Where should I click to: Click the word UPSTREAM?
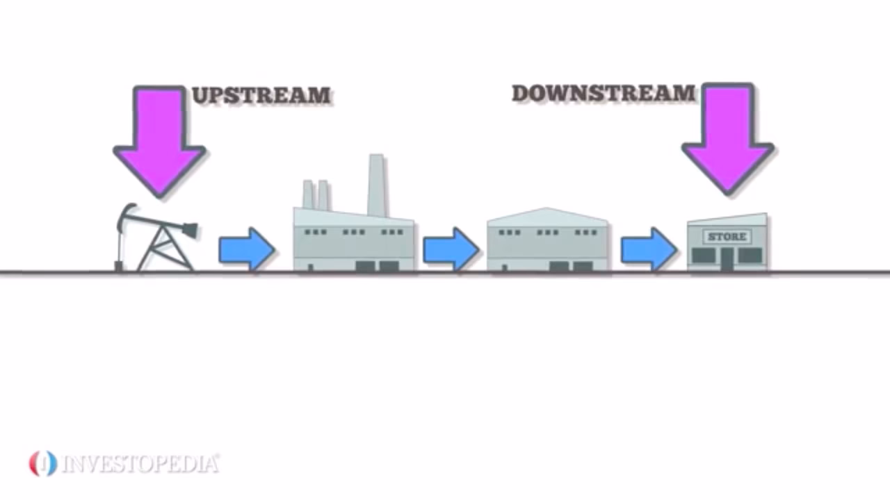point(261,95)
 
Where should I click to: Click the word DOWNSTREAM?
point(604,93)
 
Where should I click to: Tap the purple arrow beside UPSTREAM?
point(159,139)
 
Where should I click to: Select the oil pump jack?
point(157,240)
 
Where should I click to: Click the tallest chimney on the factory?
point(377,184)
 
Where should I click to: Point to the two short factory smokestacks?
point(316,194)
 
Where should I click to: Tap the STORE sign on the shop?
point(727,237)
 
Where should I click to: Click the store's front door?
point(727,259)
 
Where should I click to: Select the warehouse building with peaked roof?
point(548,240)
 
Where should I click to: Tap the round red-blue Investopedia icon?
point(42,463)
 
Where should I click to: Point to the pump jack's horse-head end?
point(188,230)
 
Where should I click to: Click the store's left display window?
point(704,256)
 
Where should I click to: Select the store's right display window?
point(750,256)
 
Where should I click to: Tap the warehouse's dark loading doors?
point(571,266)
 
